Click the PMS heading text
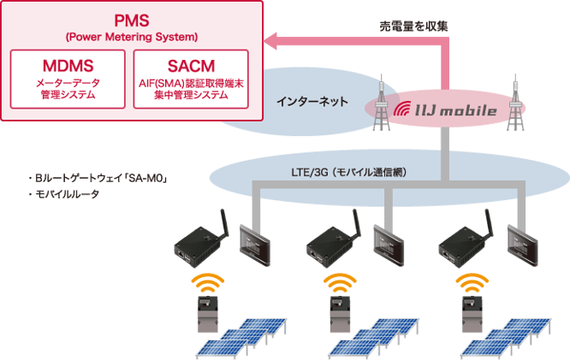point(132,19)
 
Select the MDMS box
point(67,79)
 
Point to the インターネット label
point(312,102)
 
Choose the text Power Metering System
point(132,37)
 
